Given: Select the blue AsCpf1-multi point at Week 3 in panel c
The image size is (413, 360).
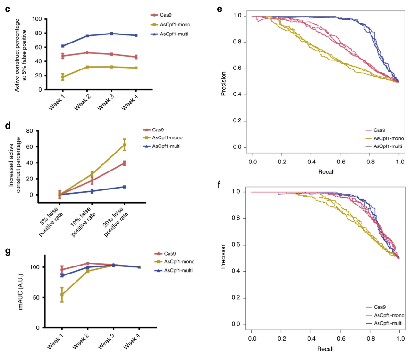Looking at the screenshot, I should (111, 34).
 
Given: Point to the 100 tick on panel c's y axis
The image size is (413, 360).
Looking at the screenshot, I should (37, 19).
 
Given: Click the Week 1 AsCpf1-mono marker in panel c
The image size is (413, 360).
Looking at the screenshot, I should (62, 77).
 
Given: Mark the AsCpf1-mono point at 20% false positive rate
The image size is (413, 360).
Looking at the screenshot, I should (124, 145).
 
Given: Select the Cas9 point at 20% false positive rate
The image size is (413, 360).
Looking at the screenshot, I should (124, 163).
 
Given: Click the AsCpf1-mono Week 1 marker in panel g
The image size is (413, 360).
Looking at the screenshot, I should (61, 294).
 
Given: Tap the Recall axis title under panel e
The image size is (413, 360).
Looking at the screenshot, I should (326, 171).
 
